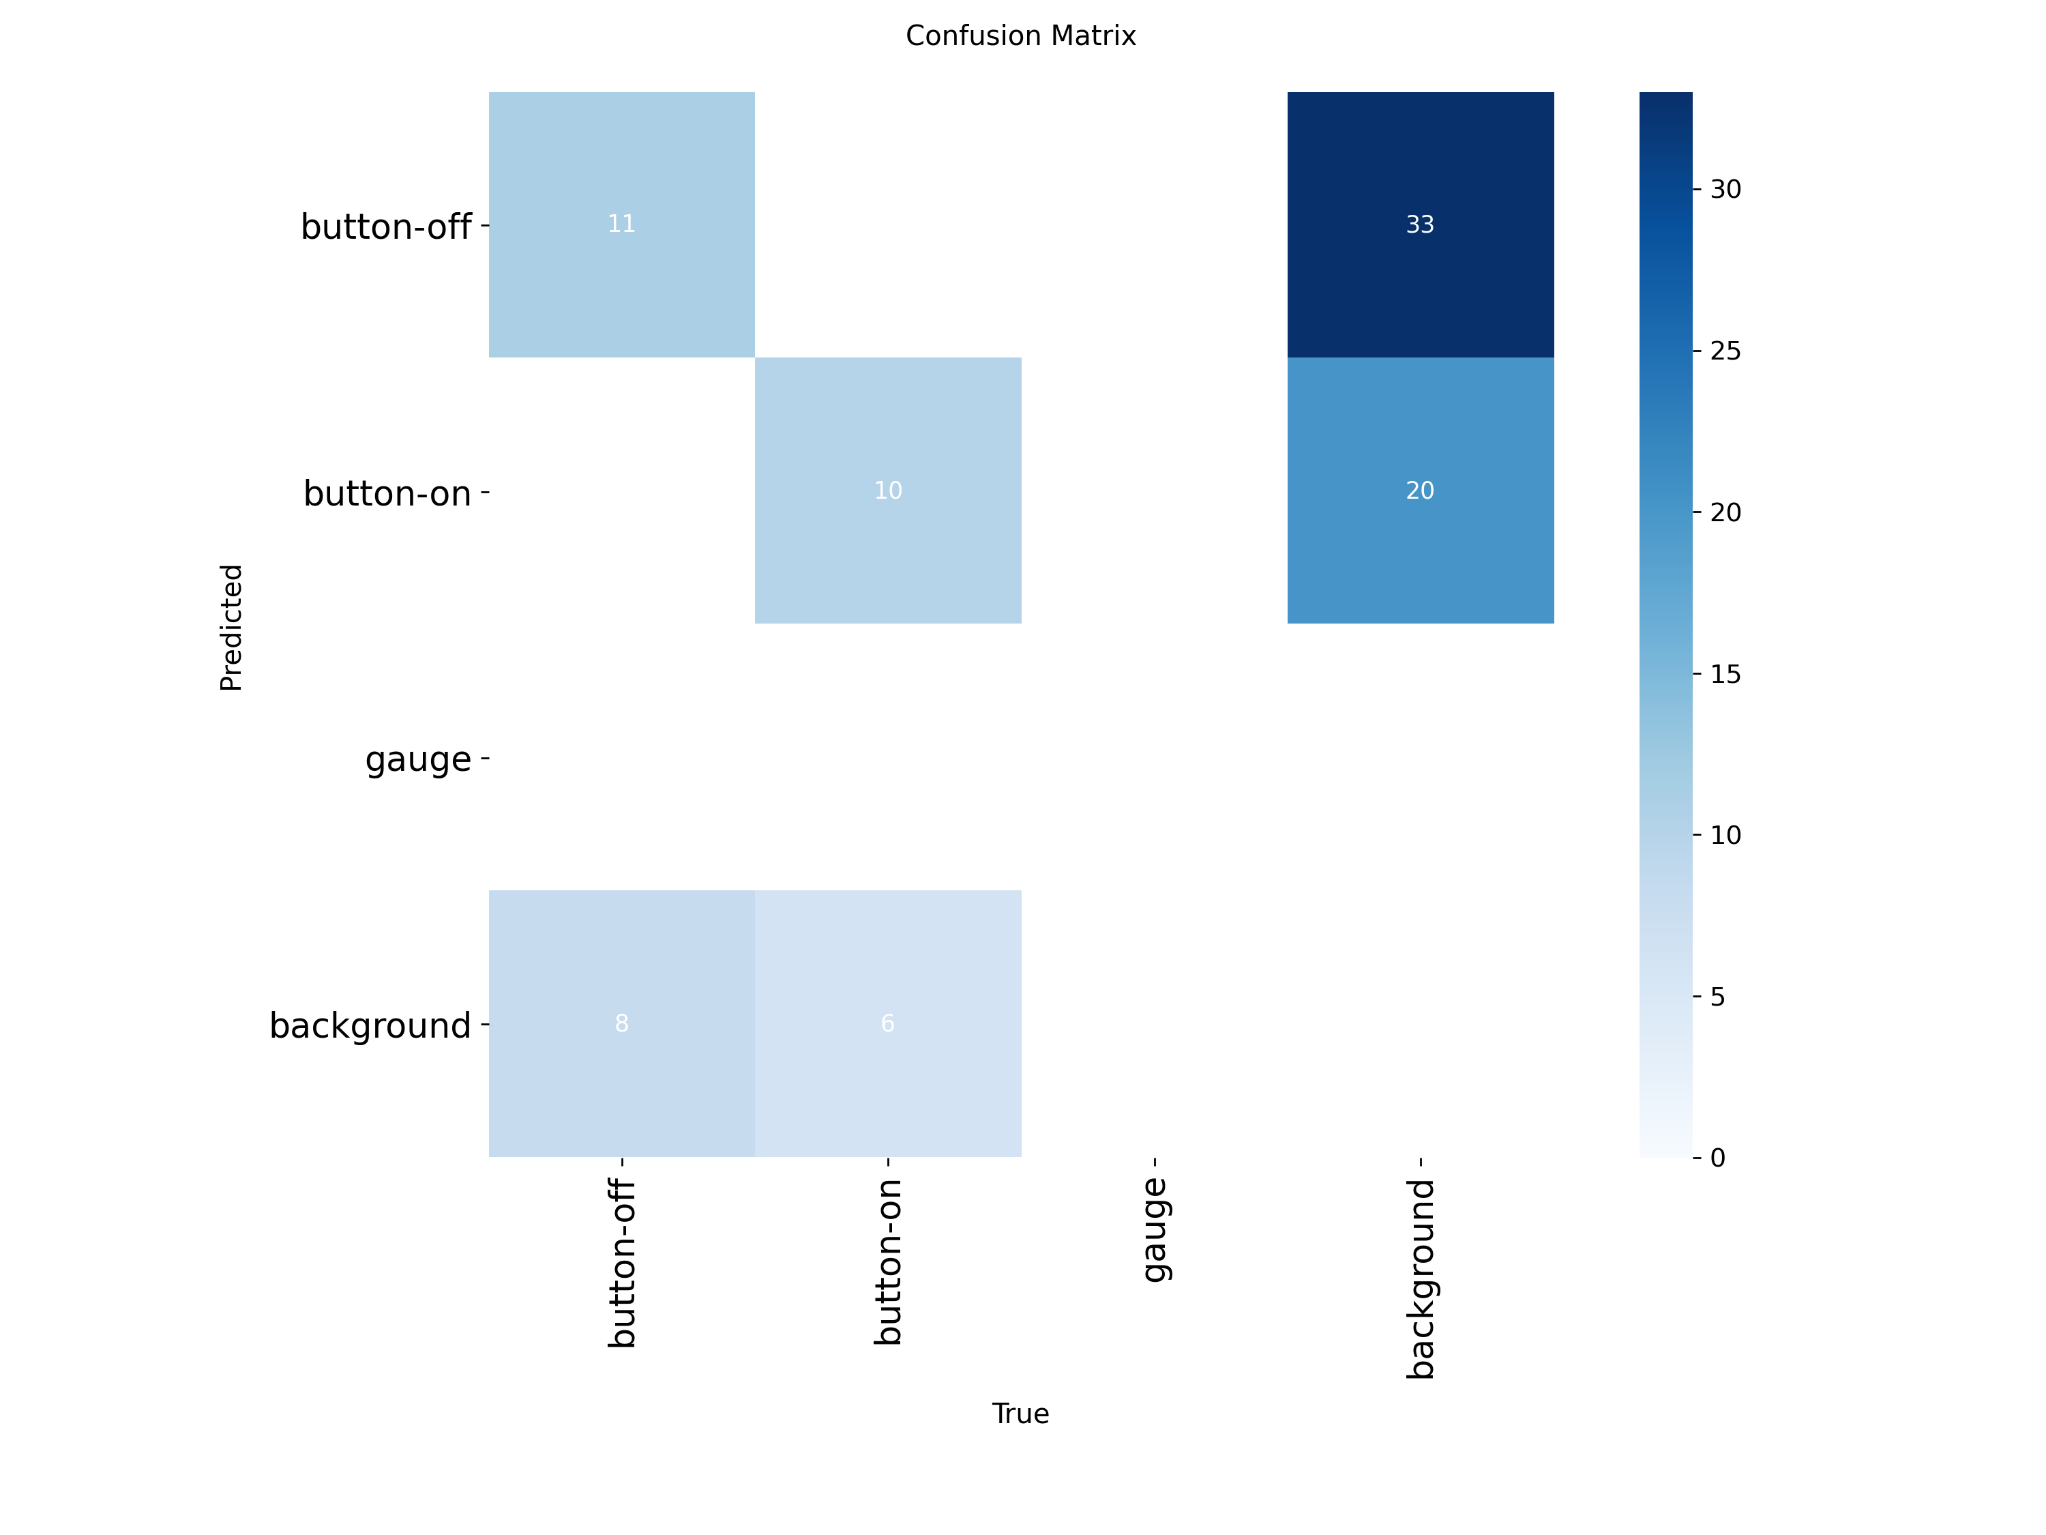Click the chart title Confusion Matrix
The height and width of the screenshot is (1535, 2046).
(1020, 36)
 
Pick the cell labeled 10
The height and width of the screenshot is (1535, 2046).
(888, 491)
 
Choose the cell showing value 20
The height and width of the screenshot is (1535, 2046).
(1420, 491)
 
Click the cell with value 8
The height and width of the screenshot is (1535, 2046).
(621, 1023)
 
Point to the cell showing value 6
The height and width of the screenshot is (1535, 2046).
(888, 1023)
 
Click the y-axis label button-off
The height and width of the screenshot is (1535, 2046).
(386, 226)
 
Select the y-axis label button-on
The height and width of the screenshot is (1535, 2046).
(387, 493)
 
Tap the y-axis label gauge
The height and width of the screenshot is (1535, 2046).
(418, 759)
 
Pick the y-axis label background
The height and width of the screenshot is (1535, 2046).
(370, 1025)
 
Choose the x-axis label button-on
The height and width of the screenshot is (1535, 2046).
(889, 1262)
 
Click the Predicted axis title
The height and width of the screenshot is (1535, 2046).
(231, 628)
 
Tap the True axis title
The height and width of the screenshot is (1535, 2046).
(1020, 1414)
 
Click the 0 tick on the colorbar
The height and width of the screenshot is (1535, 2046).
(1718, 1158)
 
